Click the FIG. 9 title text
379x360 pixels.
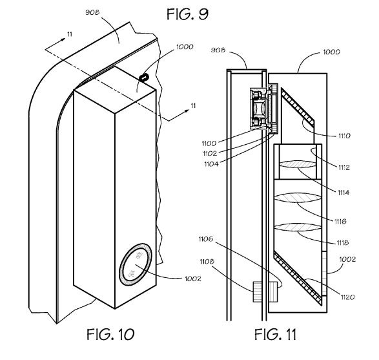tap(187, 14)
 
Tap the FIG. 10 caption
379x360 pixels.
tap(110, 334)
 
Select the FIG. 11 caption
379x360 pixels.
tap(275, 334)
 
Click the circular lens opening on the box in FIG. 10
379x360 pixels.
tap(136, 264)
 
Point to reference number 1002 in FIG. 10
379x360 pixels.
tap(193, 279)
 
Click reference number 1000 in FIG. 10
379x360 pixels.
tap(185, 47)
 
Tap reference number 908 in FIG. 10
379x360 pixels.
tap(92, 12)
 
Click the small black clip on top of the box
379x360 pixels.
tap(144, 78)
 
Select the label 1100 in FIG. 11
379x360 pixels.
tap(209, 143)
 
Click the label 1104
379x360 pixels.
tap(211, 164)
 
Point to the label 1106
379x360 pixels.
tap(206, 239)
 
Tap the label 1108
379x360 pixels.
tap(207, 262)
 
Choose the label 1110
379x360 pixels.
tap(344, 136)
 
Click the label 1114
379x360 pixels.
tap(343, 193)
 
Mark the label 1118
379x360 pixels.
tap(342, 242)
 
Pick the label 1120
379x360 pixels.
tap(347, 297)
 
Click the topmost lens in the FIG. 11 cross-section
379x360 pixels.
tap(298, 165)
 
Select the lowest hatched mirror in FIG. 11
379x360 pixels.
tap(298, 278)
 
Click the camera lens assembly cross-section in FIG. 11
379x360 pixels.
tap(259, 109)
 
